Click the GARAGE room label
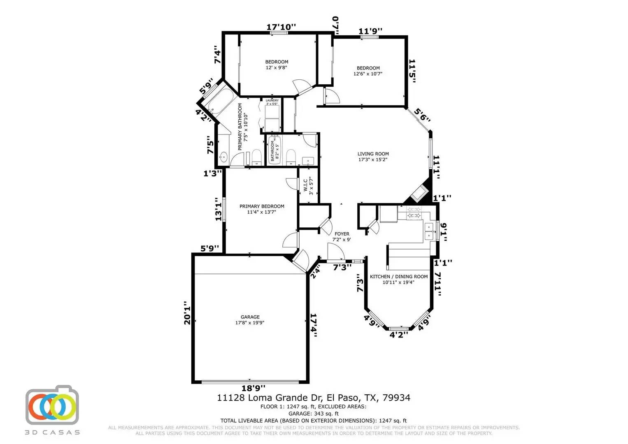(250, 319)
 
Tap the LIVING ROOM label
(373, 157)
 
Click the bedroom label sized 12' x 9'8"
(277, 65)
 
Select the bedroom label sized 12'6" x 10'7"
(368, 71)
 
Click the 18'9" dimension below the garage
(253, 388)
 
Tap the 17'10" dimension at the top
(281, 27)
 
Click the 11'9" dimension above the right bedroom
(370, 31)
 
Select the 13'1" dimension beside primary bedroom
(219, 209)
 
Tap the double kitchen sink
(429, 231)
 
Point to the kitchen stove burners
(414, 213)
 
